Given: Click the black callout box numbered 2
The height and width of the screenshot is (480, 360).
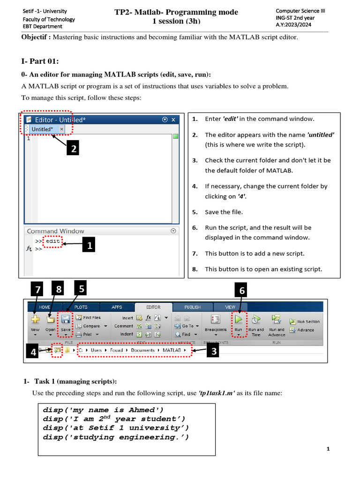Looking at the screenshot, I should click(72, 149).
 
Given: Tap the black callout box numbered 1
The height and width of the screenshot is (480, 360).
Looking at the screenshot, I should click(89, 244).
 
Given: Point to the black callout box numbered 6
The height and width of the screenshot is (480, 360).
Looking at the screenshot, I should click(242, 291).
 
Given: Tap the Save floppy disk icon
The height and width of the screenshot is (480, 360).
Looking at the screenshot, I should click(66, 320).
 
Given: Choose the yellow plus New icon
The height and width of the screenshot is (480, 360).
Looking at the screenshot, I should click(35, 320).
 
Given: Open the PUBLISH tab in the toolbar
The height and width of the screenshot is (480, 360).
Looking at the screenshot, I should click(192, 307).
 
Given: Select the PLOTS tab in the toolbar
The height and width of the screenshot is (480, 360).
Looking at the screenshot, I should click(81, 307).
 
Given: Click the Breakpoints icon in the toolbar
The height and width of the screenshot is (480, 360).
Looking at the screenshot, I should click(216, 320).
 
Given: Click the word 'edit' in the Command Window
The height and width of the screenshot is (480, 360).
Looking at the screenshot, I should click(52, 241).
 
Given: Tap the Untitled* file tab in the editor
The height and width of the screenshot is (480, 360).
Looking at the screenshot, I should click(43, 129).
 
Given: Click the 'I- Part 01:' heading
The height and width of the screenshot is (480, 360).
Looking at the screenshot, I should click(40, 61).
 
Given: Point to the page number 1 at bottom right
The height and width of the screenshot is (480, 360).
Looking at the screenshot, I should click(328, 449).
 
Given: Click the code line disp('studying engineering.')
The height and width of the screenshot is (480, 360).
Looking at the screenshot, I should click(116, 437).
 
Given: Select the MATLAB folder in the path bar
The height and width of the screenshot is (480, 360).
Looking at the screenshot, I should click(172, 350).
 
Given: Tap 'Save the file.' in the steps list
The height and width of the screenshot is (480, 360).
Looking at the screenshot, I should click(224, 212).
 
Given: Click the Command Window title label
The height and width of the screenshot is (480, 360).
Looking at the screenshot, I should click(55, 231).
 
